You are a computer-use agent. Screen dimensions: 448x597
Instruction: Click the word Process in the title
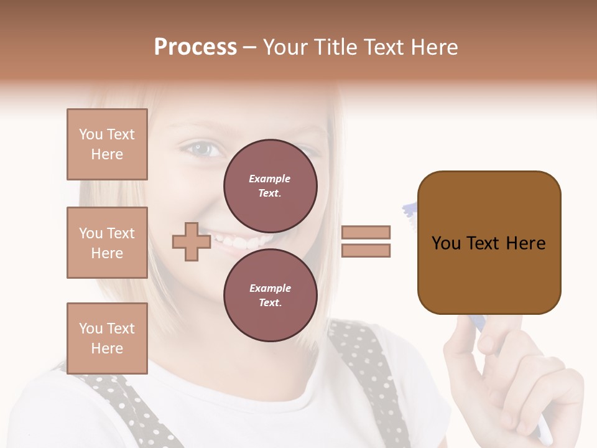pyautogui.click(x=195, y=47)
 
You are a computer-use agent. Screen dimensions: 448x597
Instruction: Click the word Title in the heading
pyautogui.click(x=335, y=47)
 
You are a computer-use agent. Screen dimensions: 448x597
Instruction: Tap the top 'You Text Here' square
pyautogui.click(x=107, y=144)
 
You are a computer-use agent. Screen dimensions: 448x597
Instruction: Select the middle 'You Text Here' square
pyautogui.click(x=107, y=243)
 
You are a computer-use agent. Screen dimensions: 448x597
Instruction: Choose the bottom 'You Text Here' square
pyautogui.click(x=107, y=338)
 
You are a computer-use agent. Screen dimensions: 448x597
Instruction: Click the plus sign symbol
pyautogui.click(x=191, y=242)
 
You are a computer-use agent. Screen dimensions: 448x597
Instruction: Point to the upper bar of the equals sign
pyautogui.click(x=366, y=232)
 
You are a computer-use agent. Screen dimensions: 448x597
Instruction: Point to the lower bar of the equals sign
pyautogui.click(x=366, y=251)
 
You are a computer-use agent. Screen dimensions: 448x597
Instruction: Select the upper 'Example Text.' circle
pyautogui.click(x=270, y=186)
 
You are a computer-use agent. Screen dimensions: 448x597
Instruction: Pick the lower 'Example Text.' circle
pyautogui.click(x=270, y=296)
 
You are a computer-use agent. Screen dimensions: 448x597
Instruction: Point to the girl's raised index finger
pyautogui.click(x=462, y=330)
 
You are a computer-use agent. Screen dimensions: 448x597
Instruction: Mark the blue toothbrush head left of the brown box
pyautogui.click(x=411, y=210)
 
